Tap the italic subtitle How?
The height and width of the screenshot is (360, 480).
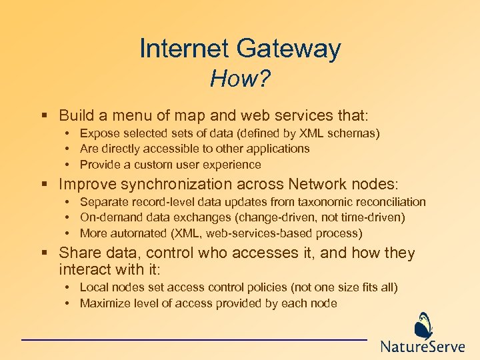click(240, 80)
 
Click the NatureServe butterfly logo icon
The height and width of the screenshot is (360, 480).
click(423, 326)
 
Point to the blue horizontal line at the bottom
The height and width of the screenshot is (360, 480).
click(194, 340)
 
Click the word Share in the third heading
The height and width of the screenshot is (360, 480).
click(77, 253)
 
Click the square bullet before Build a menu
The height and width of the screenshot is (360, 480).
click(43, 116)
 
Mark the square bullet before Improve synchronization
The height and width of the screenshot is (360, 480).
click(43, 185)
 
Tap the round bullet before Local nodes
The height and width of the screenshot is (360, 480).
click(69, 288)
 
